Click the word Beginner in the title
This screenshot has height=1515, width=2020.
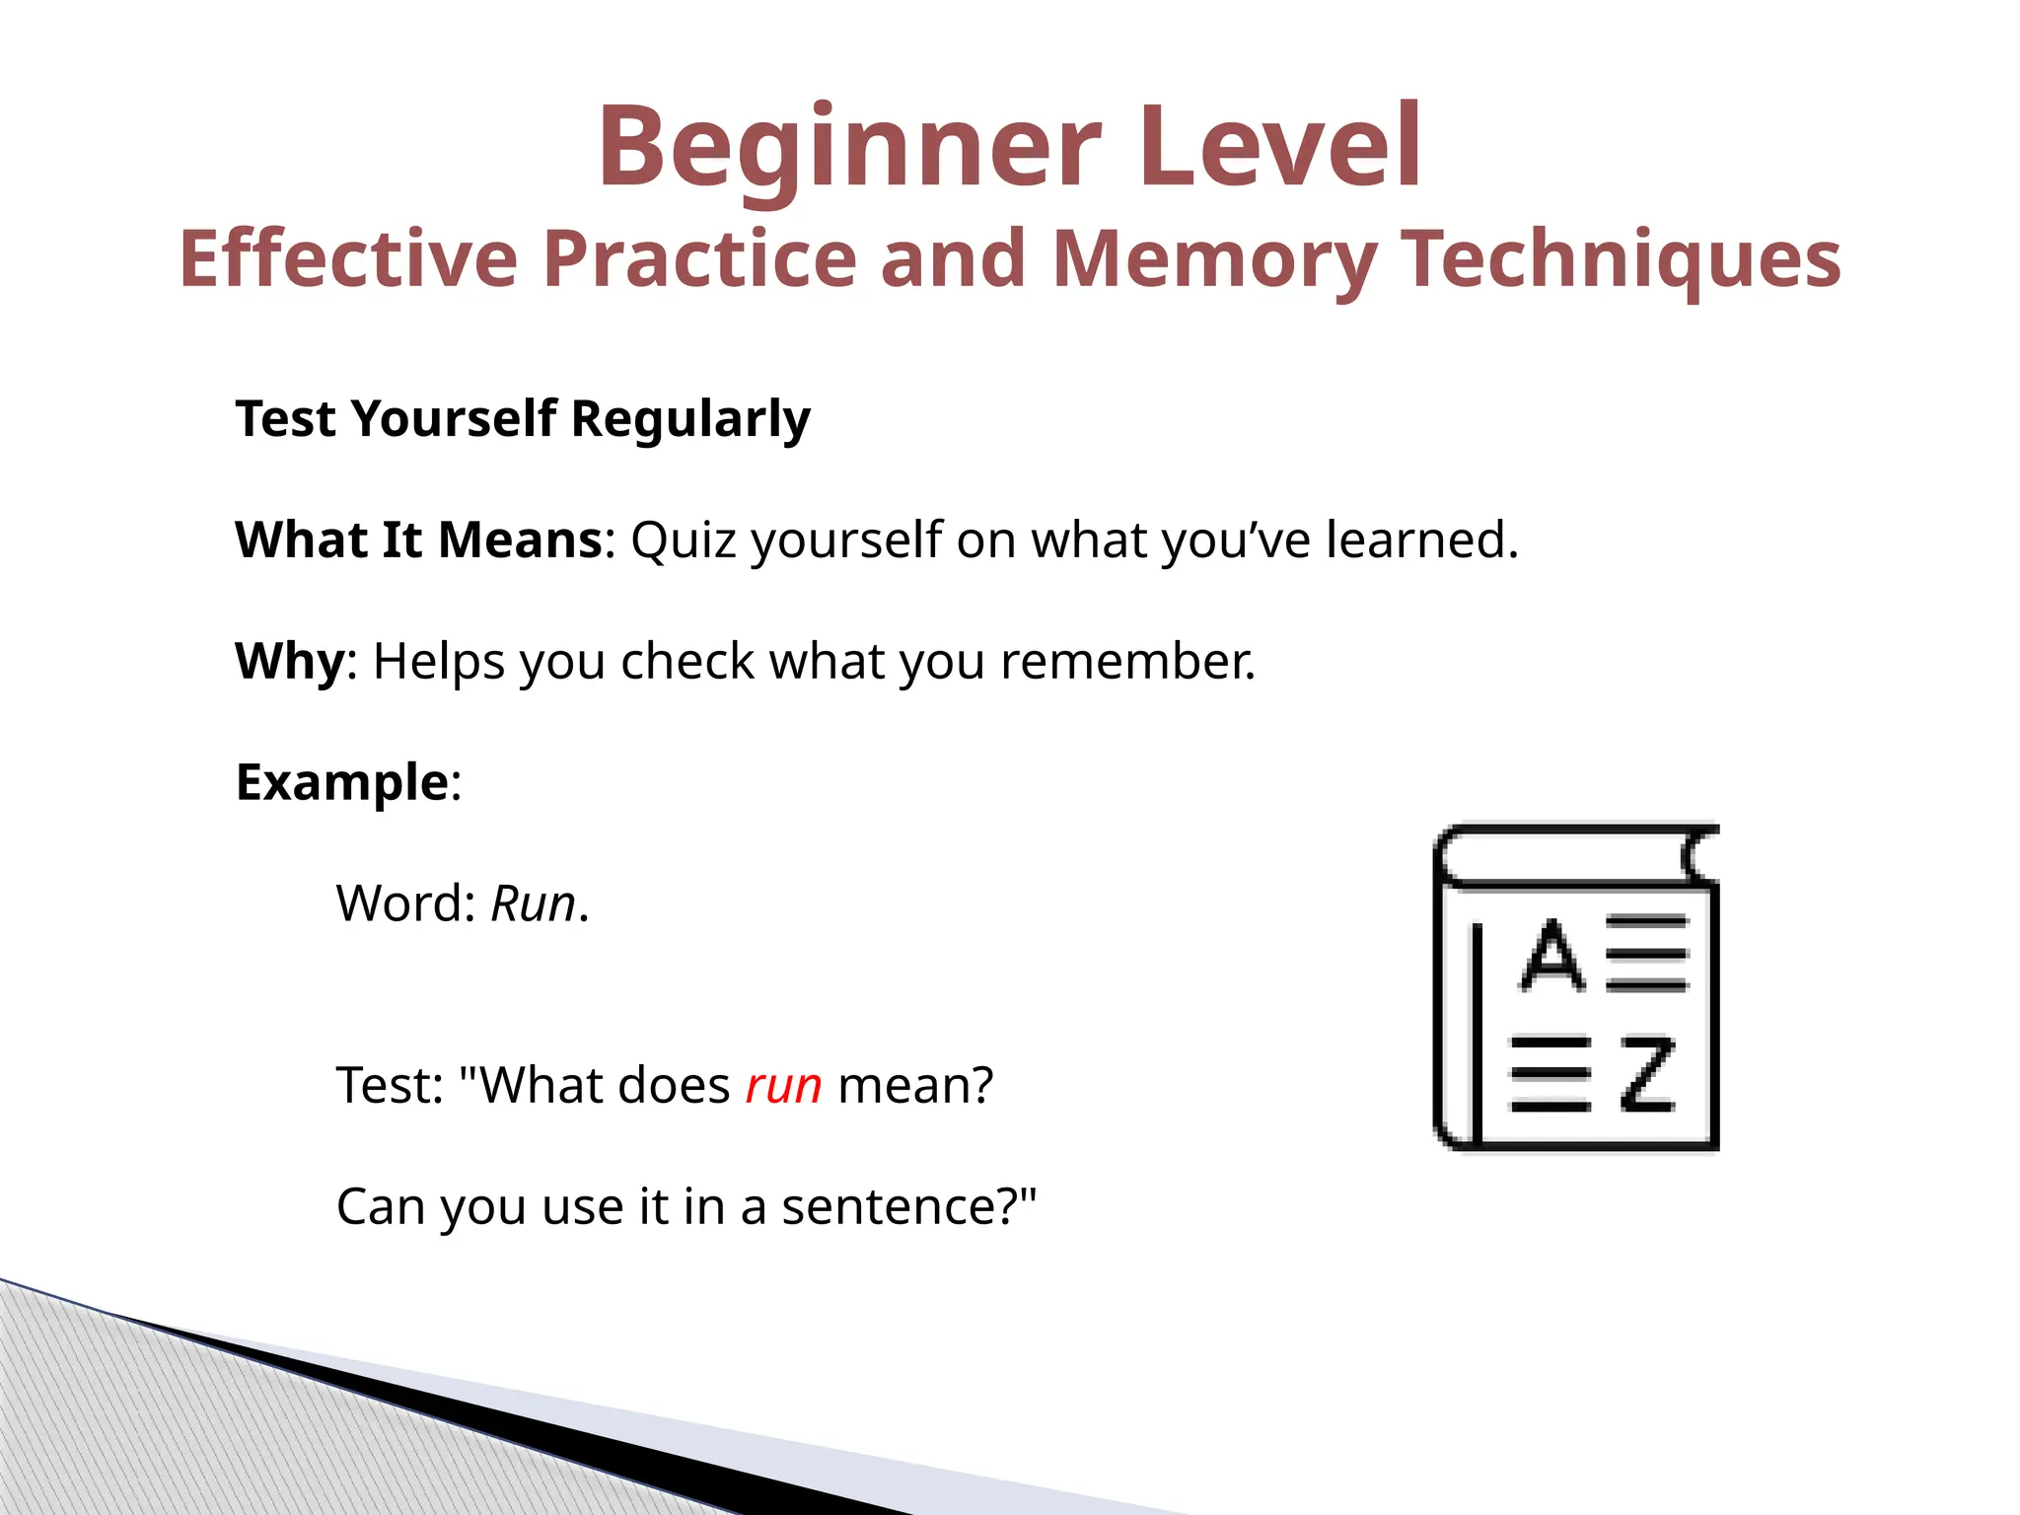tap(849, 148)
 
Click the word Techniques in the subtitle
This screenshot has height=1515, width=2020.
tap(1622, 258)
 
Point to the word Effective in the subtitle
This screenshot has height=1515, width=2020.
tap(348, 258)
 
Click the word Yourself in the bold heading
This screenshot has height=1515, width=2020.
tap(454, 418)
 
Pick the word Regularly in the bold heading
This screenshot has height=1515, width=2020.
tap(690, 418)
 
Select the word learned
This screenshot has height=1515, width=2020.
tap(1420, 541)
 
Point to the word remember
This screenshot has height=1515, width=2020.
tap(1127, 661)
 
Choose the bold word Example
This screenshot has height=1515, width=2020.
tap(342, 782)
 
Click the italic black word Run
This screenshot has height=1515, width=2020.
tap(533, 903)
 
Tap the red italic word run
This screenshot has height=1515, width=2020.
tap(783, 1086)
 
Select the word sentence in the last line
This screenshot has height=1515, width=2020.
tap(896, 1206)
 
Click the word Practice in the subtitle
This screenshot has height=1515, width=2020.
tap(699, 258)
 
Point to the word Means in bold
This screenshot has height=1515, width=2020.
tap(520, 541)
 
